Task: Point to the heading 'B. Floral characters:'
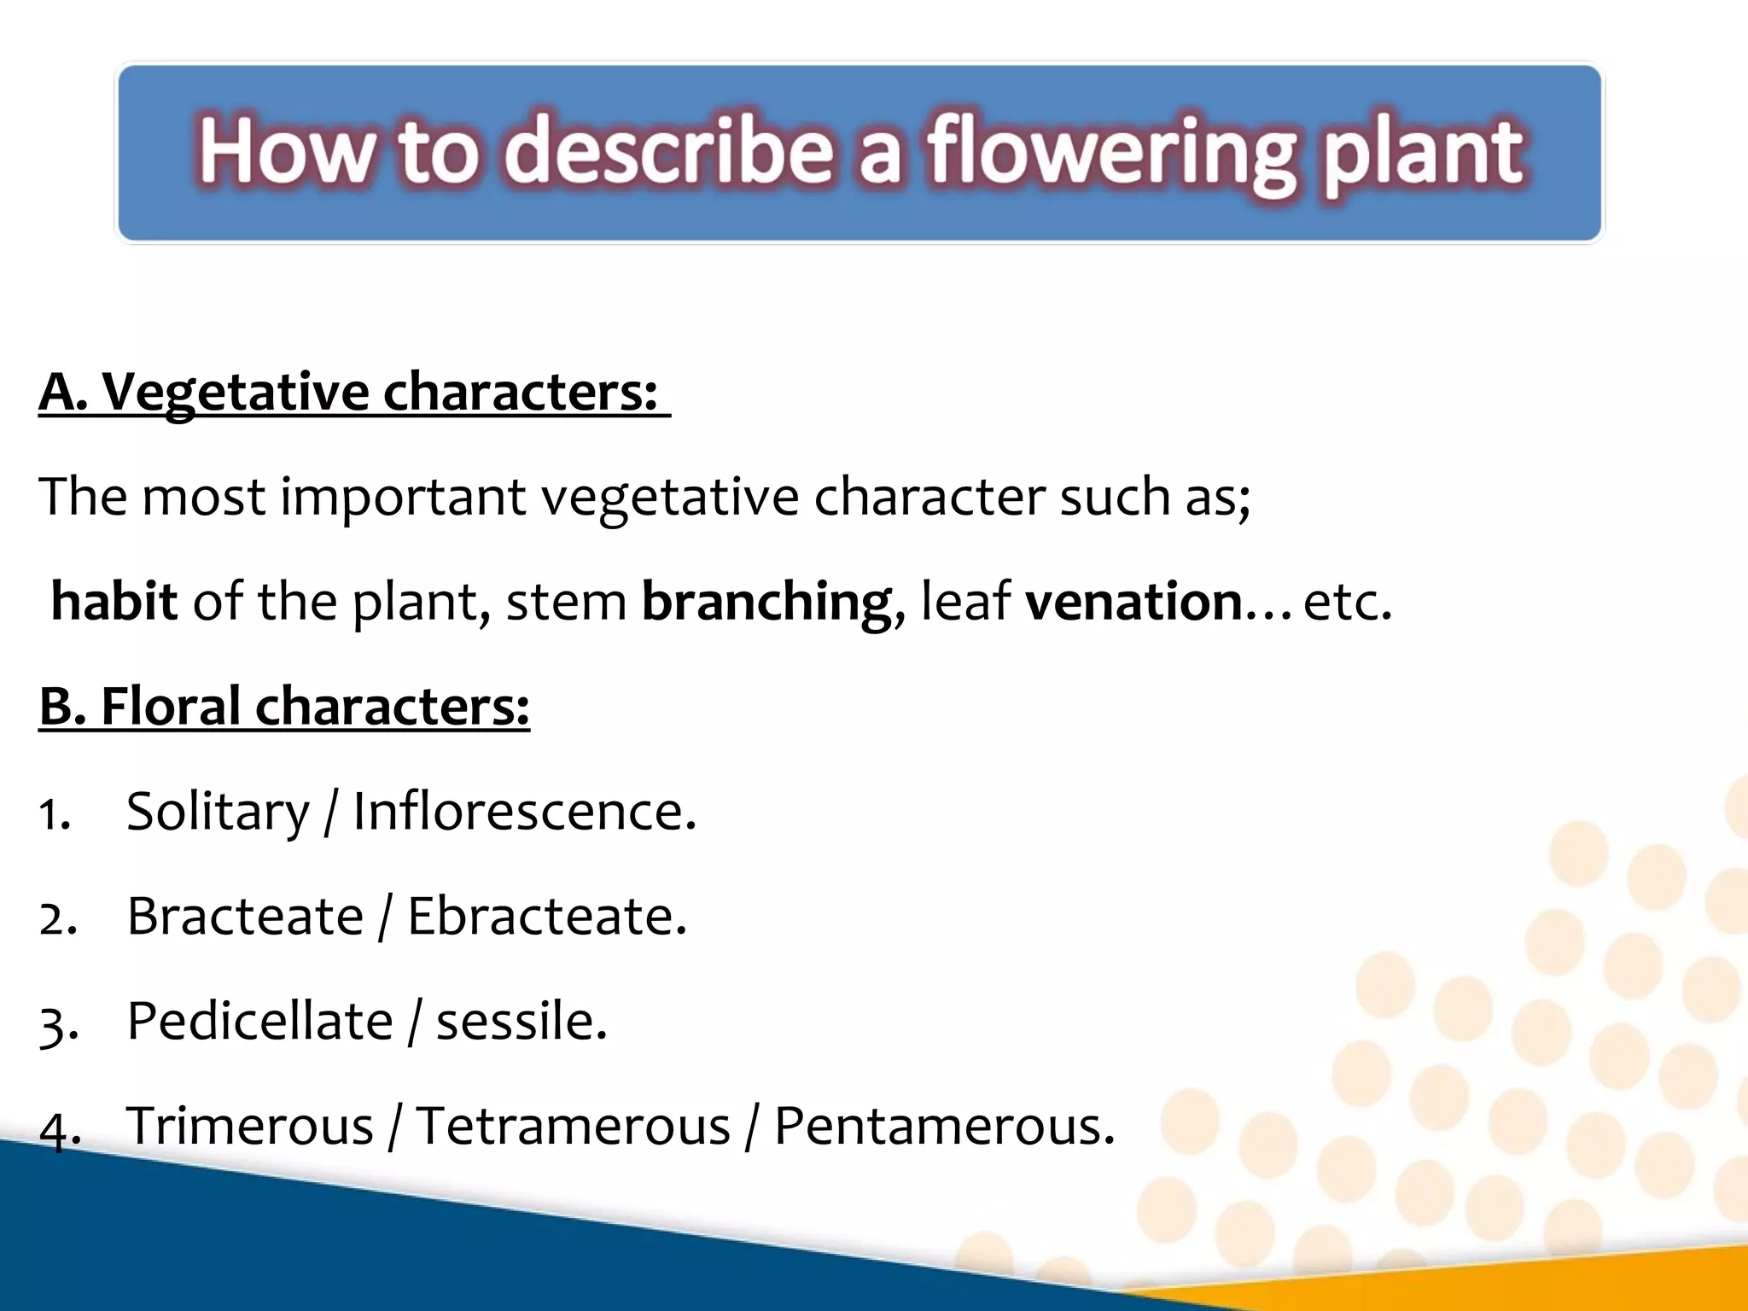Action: click(x=284, y=707)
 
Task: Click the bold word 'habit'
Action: click(x=114, y=601)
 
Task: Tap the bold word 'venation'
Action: click(x=1133, y=601)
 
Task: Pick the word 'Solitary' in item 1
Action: click(x=218, y=812)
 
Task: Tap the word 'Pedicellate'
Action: click(x=259, y=1022)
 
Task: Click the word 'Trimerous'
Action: click(x=250, y=1126)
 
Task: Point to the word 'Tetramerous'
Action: click(x=573, y=1126)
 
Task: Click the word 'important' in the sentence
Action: click(x=403, y=498)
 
